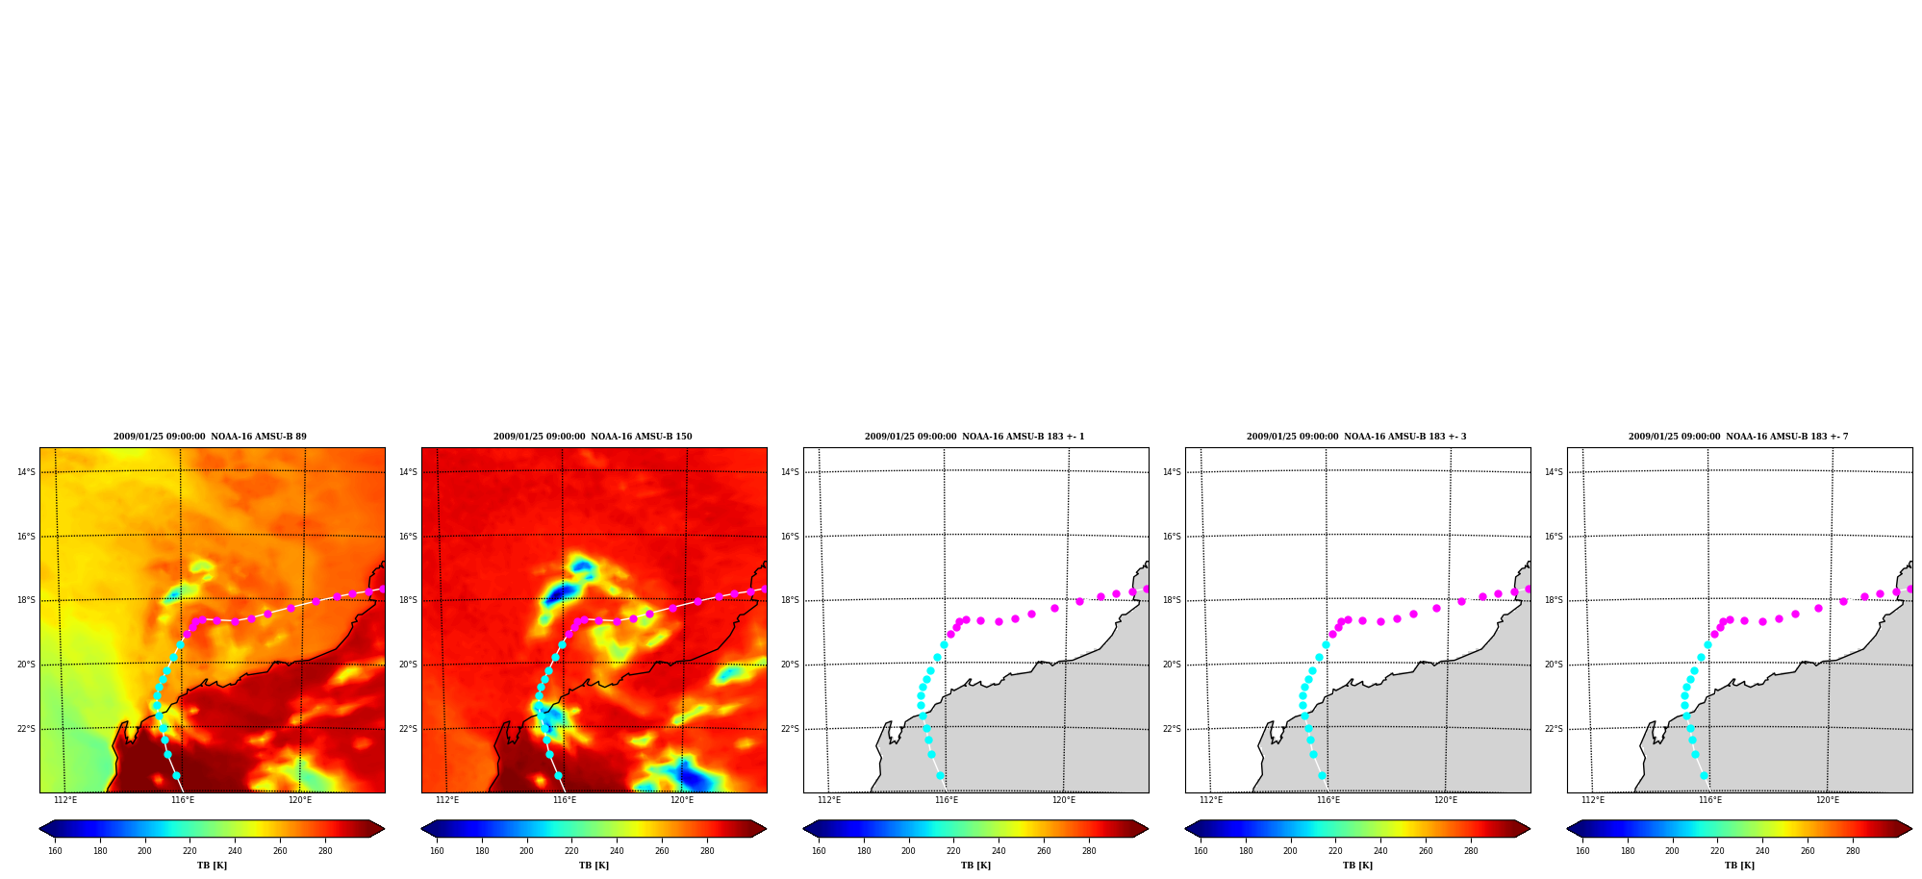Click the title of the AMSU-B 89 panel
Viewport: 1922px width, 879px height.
210,437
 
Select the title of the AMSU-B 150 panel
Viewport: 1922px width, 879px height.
593,437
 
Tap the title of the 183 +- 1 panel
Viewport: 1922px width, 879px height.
974,437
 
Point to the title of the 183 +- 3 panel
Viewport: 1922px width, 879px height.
1356,437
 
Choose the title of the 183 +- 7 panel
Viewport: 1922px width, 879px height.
1738,437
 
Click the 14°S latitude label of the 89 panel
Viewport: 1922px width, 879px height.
26,472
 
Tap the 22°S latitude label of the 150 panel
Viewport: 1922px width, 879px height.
408,729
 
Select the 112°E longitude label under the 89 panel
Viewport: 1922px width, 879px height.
65,800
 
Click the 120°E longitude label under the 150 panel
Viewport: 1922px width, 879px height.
682,800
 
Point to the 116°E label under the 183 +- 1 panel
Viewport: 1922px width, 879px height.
947,800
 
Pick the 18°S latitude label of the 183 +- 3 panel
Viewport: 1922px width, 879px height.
1172,600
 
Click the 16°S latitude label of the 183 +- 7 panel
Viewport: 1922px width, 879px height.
1554,537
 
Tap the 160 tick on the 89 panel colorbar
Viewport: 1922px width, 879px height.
55,851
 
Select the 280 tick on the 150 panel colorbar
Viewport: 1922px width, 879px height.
707,851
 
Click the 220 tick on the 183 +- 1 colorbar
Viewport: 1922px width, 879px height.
953,851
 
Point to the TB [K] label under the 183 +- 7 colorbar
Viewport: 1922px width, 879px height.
1739,866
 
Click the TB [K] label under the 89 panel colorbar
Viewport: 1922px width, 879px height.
212,866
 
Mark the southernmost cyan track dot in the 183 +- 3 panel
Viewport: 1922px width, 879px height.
1322,775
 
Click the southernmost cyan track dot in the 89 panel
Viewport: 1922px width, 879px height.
176,775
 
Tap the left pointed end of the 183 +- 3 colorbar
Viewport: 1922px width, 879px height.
1186,829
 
